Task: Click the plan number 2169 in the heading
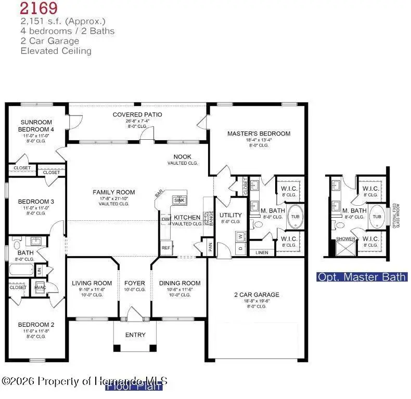(x=39, y=8)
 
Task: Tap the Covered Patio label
(x=137, y=114)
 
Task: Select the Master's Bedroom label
(x=259, y=134)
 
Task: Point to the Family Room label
(x=110, y=192)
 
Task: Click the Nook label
(x=182, y=156)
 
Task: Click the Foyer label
(x=135, y=283)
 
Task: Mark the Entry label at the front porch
(x=135, y=335)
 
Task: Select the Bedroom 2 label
(x=36, y=324)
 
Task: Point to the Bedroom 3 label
(x=36, y=202)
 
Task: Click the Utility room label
(x=230, y=215)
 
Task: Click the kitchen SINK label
(x=179, y=200)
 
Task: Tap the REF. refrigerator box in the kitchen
(x=166, y=248)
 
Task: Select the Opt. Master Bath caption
(x=362, y=277)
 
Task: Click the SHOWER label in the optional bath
(x=346, y=240)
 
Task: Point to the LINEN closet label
(x=261, y=252)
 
